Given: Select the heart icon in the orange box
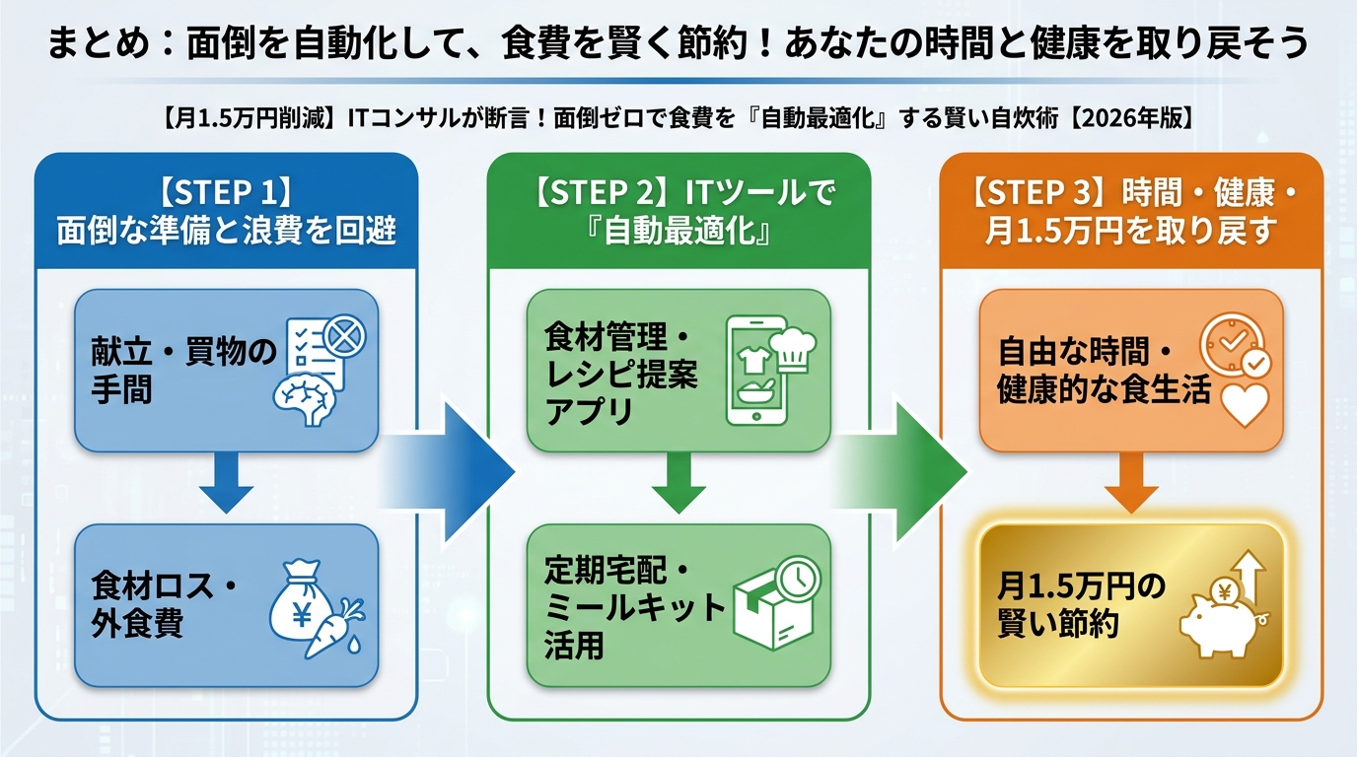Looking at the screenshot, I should click(x=1245, y=403).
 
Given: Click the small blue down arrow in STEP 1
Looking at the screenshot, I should click(x=226, y=482).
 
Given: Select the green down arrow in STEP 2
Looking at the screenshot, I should click(x=678, y=482).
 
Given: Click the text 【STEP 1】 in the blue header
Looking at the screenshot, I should click(x=226, y=191).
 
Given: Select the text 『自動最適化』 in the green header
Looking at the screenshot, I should click(x=678, y=233).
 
